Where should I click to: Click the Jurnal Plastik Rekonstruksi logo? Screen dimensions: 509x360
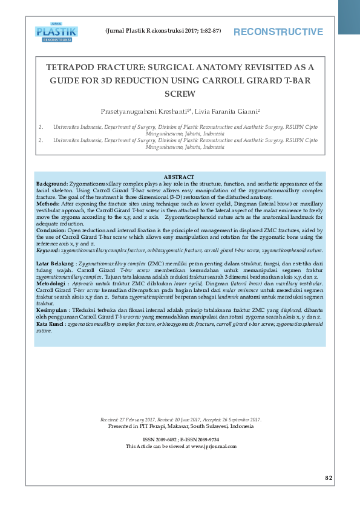(x=56, y=33)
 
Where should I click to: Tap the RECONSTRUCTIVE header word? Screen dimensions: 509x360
(x=278, y=32)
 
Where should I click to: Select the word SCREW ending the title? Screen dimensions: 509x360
(x=180, y=94)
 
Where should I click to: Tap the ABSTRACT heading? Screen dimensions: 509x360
(x=179, y=177)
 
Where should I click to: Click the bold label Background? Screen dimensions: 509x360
(x=52, y=183)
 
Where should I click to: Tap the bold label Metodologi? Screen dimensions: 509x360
(x=52, y=282)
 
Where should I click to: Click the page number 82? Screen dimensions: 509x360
(x=329, y=478)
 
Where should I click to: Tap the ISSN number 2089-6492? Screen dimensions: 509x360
(x=165, y=439)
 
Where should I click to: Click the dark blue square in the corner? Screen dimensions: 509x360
(x=349, y=16)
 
